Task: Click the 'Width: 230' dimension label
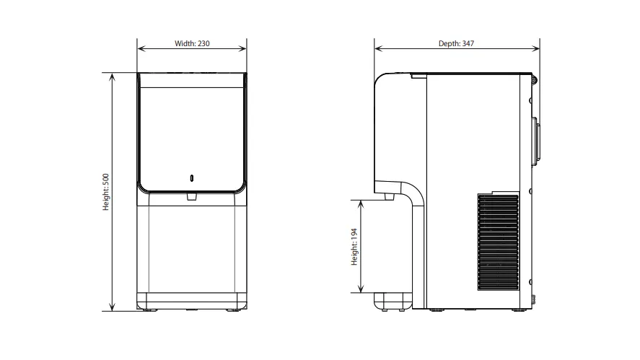point(192,43)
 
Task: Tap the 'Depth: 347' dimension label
point(456,43)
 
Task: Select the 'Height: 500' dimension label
point(106,192)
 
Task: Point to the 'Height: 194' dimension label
point(354,247)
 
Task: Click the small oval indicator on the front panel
point(192,178)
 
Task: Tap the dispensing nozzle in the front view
point(192,196)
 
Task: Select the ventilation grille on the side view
point(498,242)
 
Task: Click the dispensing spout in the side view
point(389,196)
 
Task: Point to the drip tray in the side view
point(393,301)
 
